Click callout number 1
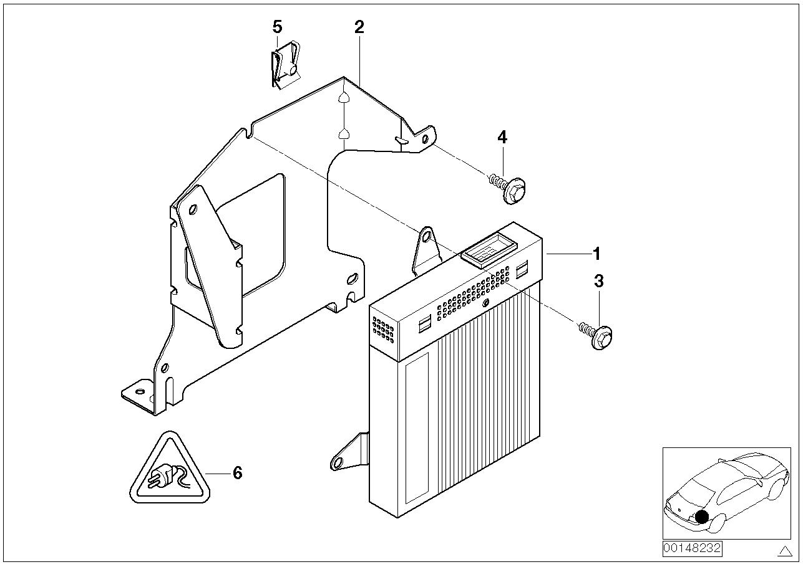point(596,254)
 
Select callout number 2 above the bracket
point(359,27)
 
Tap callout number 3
point(599,281)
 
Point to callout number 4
point(502,137)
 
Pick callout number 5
point(277,27)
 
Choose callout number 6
point(237,473)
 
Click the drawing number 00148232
point(692,548)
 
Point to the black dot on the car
point(703,517)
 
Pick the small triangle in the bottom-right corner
point(785,550)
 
